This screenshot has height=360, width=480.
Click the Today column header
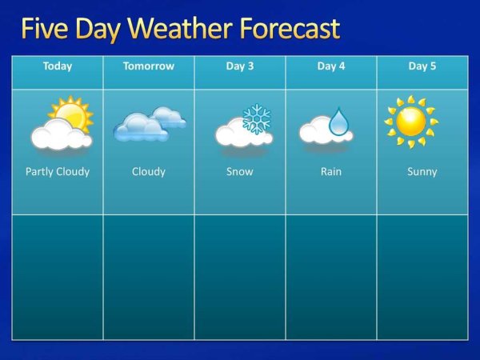pyautogui.click(x=58, y=66)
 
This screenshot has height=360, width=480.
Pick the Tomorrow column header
pyautogui.click(x=148, y=66)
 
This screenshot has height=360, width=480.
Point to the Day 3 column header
pyautogui.click(x=240, y=66)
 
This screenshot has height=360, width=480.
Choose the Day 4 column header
pyautogui.click(x=331, y=66)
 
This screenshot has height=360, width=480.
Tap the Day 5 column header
pyautogui.click(x=422, y=66)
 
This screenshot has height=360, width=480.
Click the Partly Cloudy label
pyautogui.click(x=58, y=171)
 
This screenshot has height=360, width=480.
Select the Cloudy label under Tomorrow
pyautogui.click(x=148, y=171)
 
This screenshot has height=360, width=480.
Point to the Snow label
pyautogui.click(x=240, y=171)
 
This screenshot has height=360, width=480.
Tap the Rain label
pyautogui.click(x=331, y=171)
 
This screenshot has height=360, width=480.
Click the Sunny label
pyautogui.click(x=422, y=171)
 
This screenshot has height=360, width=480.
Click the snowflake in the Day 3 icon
pyautogui.click(x=257, y=118)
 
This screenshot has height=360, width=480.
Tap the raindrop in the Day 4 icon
pyautogui.click(x=340, y=122)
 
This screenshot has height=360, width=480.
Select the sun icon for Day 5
pyautogui.click(x=411, y=122)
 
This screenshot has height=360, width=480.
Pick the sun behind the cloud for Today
pyautogui.click(x=73, y=113)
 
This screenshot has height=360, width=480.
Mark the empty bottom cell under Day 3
pyautogui.click(x=240, y=277)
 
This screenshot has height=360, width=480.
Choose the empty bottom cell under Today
pyautogui.click(x=58, y=277)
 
